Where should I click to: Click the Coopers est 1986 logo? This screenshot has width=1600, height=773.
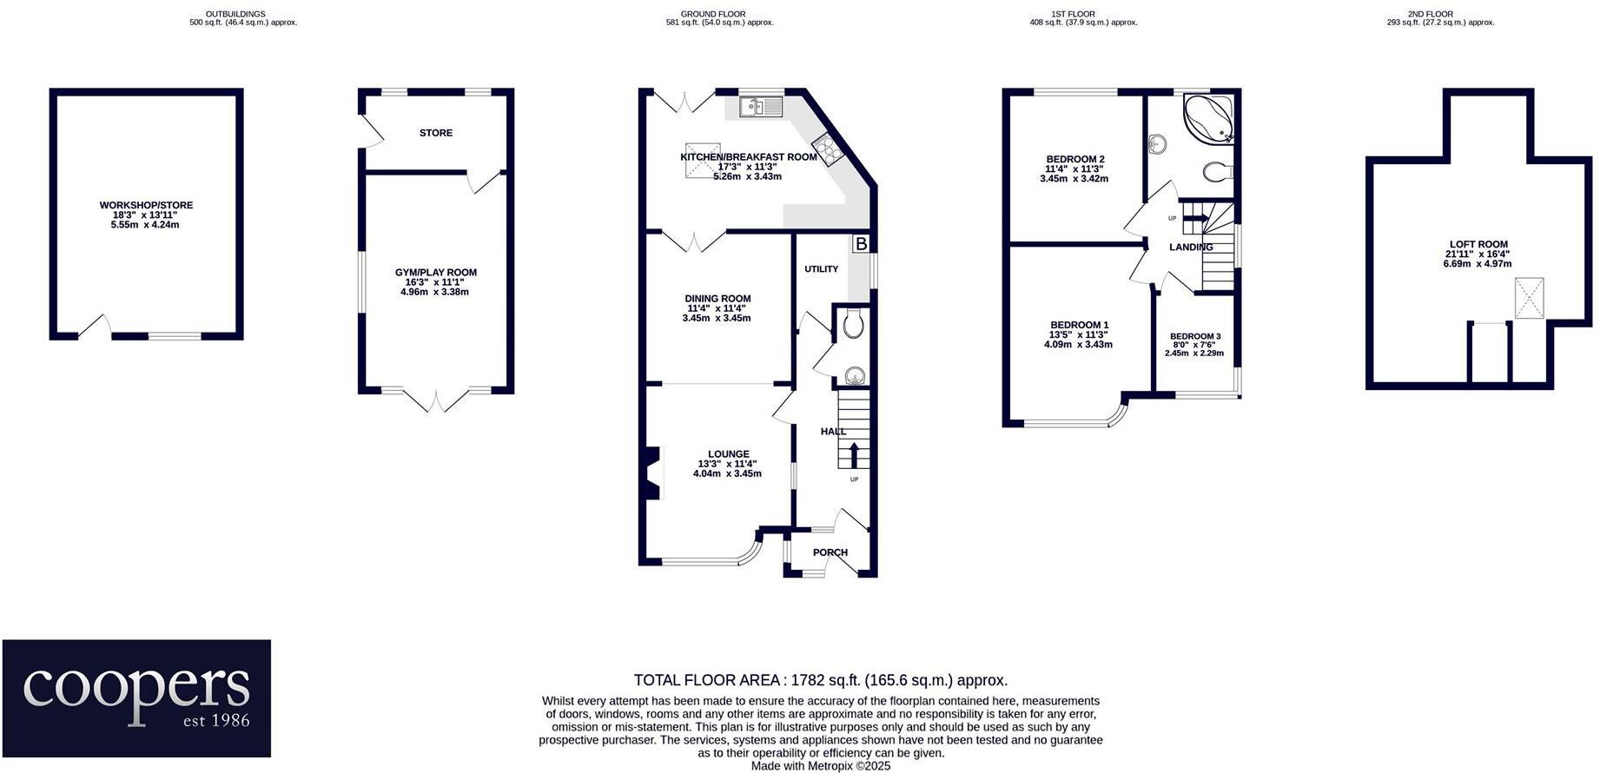click(x=136, y=698)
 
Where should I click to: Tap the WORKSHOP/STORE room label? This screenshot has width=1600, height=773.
click(x=146, y=206)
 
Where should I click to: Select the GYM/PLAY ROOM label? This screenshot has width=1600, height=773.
click(x=436, y=273)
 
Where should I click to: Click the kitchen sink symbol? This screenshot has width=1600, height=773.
click(x=761, y=107)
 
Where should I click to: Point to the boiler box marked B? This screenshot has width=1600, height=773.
click(x=860, y=244)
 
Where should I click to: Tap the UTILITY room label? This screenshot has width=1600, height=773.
click(x=821, y=269)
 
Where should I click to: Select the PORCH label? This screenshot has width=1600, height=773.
click(x=830, y=552)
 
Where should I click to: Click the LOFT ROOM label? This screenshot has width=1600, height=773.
click(x=1478, y=245)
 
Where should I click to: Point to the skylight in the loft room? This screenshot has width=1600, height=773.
click(x=1530, y=298)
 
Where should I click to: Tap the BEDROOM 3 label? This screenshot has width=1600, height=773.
click(x=1194, y=336)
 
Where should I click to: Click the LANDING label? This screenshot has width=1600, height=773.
click(x=1190, y=248)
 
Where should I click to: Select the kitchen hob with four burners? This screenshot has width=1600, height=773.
click(x=828, y=149)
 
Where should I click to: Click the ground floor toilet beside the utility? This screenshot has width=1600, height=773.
click(x=853, y=325)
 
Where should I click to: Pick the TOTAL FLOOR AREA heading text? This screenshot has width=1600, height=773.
click(x=820, y=680)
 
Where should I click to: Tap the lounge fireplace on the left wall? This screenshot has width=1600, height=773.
click(x=651, y=474)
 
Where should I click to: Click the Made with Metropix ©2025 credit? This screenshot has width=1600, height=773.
click(x=820, y=766)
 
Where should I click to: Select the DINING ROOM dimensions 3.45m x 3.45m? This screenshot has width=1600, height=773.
click(x=716, y=319)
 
